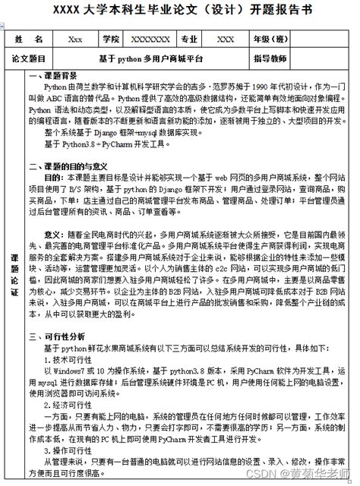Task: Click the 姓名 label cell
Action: [29, 39]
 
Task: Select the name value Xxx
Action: [75, 39]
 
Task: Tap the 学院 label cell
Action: [111, 39]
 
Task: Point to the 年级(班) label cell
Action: [270, 39]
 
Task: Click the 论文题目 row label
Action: [29, 58]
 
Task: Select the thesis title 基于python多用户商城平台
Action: [151, 58]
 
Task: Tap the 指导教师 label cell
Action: [270, 58]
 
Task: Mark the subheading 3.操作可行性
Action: [62, 450]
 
